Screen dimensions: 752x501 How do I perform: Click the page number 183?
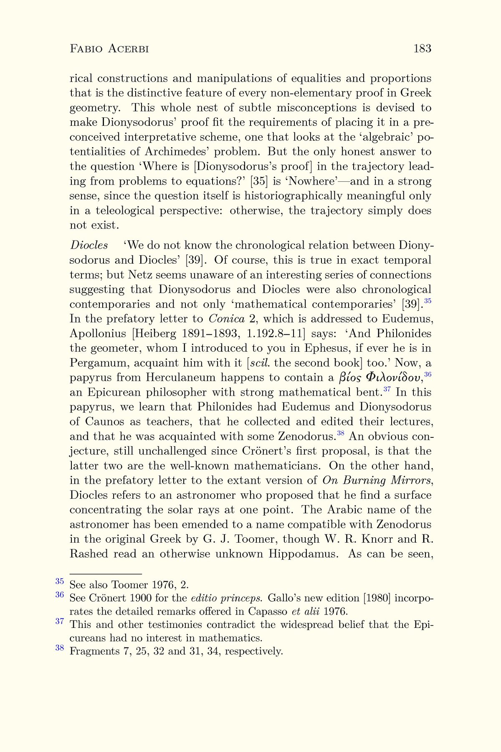[422, 49]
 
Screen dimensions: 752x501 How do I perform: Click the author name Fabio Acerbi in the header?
[109, 49]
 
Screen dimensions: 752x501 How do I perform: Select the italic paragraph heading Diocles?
[89, 245]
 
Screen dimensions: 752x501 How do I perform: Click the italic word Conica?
[226, 319]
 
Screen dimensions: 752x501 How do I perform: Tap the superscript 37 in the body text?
[387, 390]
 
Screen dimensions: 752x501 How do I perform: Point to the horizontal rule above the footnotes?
[106, 574]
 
